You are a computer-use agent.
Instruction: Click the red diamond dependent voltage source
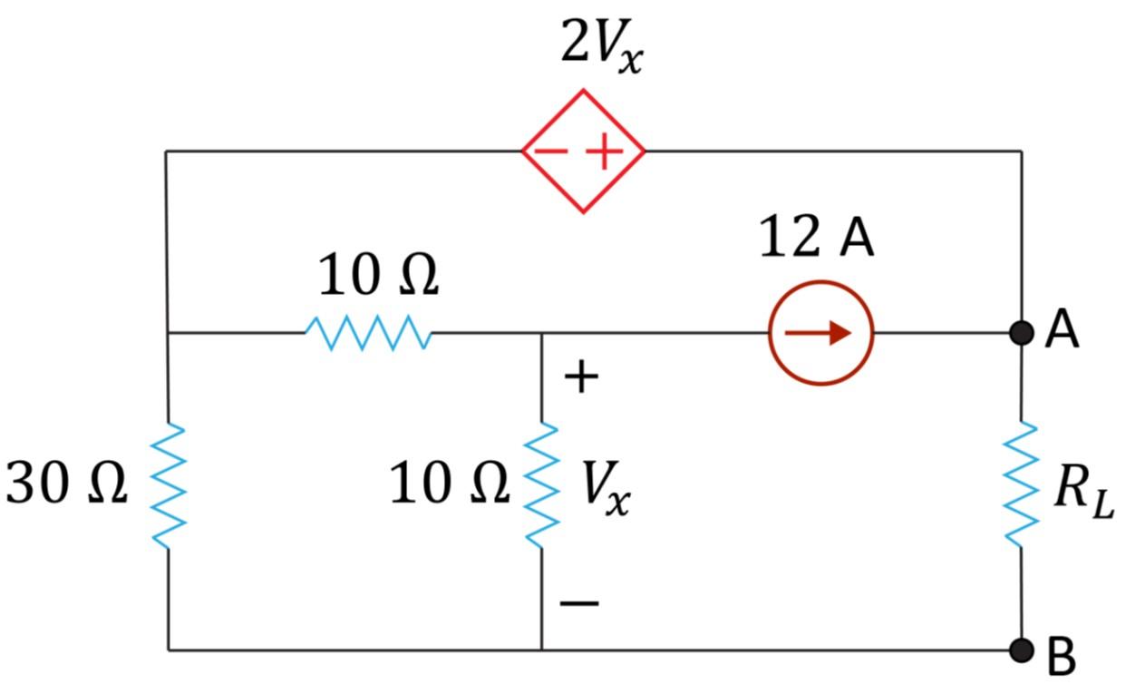(x=583, y=151)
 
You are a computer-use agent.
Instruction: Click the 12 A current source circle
(x=820, y=333)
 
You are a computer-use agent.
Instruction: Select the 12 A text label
(x=816, y=239)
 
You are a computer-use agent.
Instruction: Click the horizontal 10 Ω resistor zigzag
(x=368, y=333)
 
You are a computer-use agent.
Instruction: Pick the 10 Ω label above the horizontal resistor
(x=378, y=276)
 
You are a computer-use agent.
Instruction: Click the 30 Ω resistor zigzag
(x=169, y=484)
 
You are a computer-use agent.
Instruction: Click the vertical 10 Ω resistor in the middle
(x=542, y=484)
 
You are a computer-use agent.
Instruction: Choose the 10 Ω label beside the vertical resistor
(x=449, y=484)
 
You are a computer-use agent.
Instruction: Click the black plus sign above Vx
(x=580, y=376)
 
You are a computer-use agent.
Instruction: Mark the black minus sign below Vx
(x=578, y=602)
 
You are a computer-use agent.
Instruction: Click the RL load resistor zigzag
(x=1022, y=484)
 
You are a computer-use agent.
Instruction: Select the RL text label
(x=1082, y=494)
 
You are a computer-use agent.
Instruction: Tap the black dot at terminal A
(x=1022, y=333)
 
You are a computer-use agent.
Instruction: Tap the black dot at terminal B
(x=1022, y=650)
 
